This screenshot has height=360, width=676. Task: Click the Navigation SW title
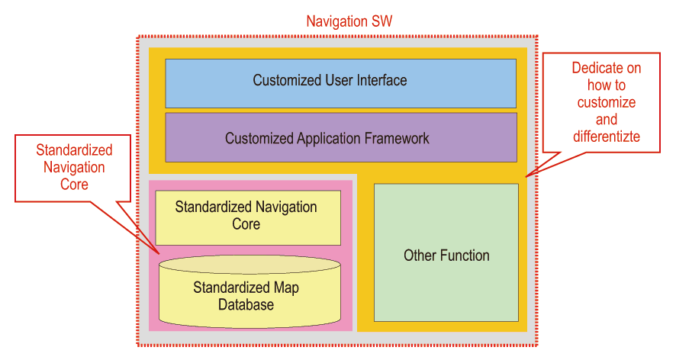[x=349, y=21]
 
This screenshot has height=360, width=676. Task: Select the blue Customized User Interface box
[x=340, y=82]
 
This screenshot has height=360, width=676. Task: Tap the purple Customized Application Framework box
[x=340, y=139]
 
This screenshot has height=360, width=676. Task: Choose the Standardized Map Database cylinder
[x=249, y=296]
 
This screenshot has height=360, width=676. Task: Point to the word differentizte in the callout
[x=607, y=137]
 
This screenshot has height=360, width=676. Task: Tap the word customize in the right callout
[x=607, y=102]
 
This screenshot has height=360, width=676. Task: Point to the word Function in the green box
[x=465, y=256]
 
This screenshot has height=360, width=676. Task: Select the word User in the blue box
[x=331, y=80]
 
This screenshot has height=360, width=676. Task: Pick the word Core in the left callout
[x=74, y=185]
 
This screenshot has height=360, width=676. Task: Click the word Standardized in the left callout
[x=74, y=150]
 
